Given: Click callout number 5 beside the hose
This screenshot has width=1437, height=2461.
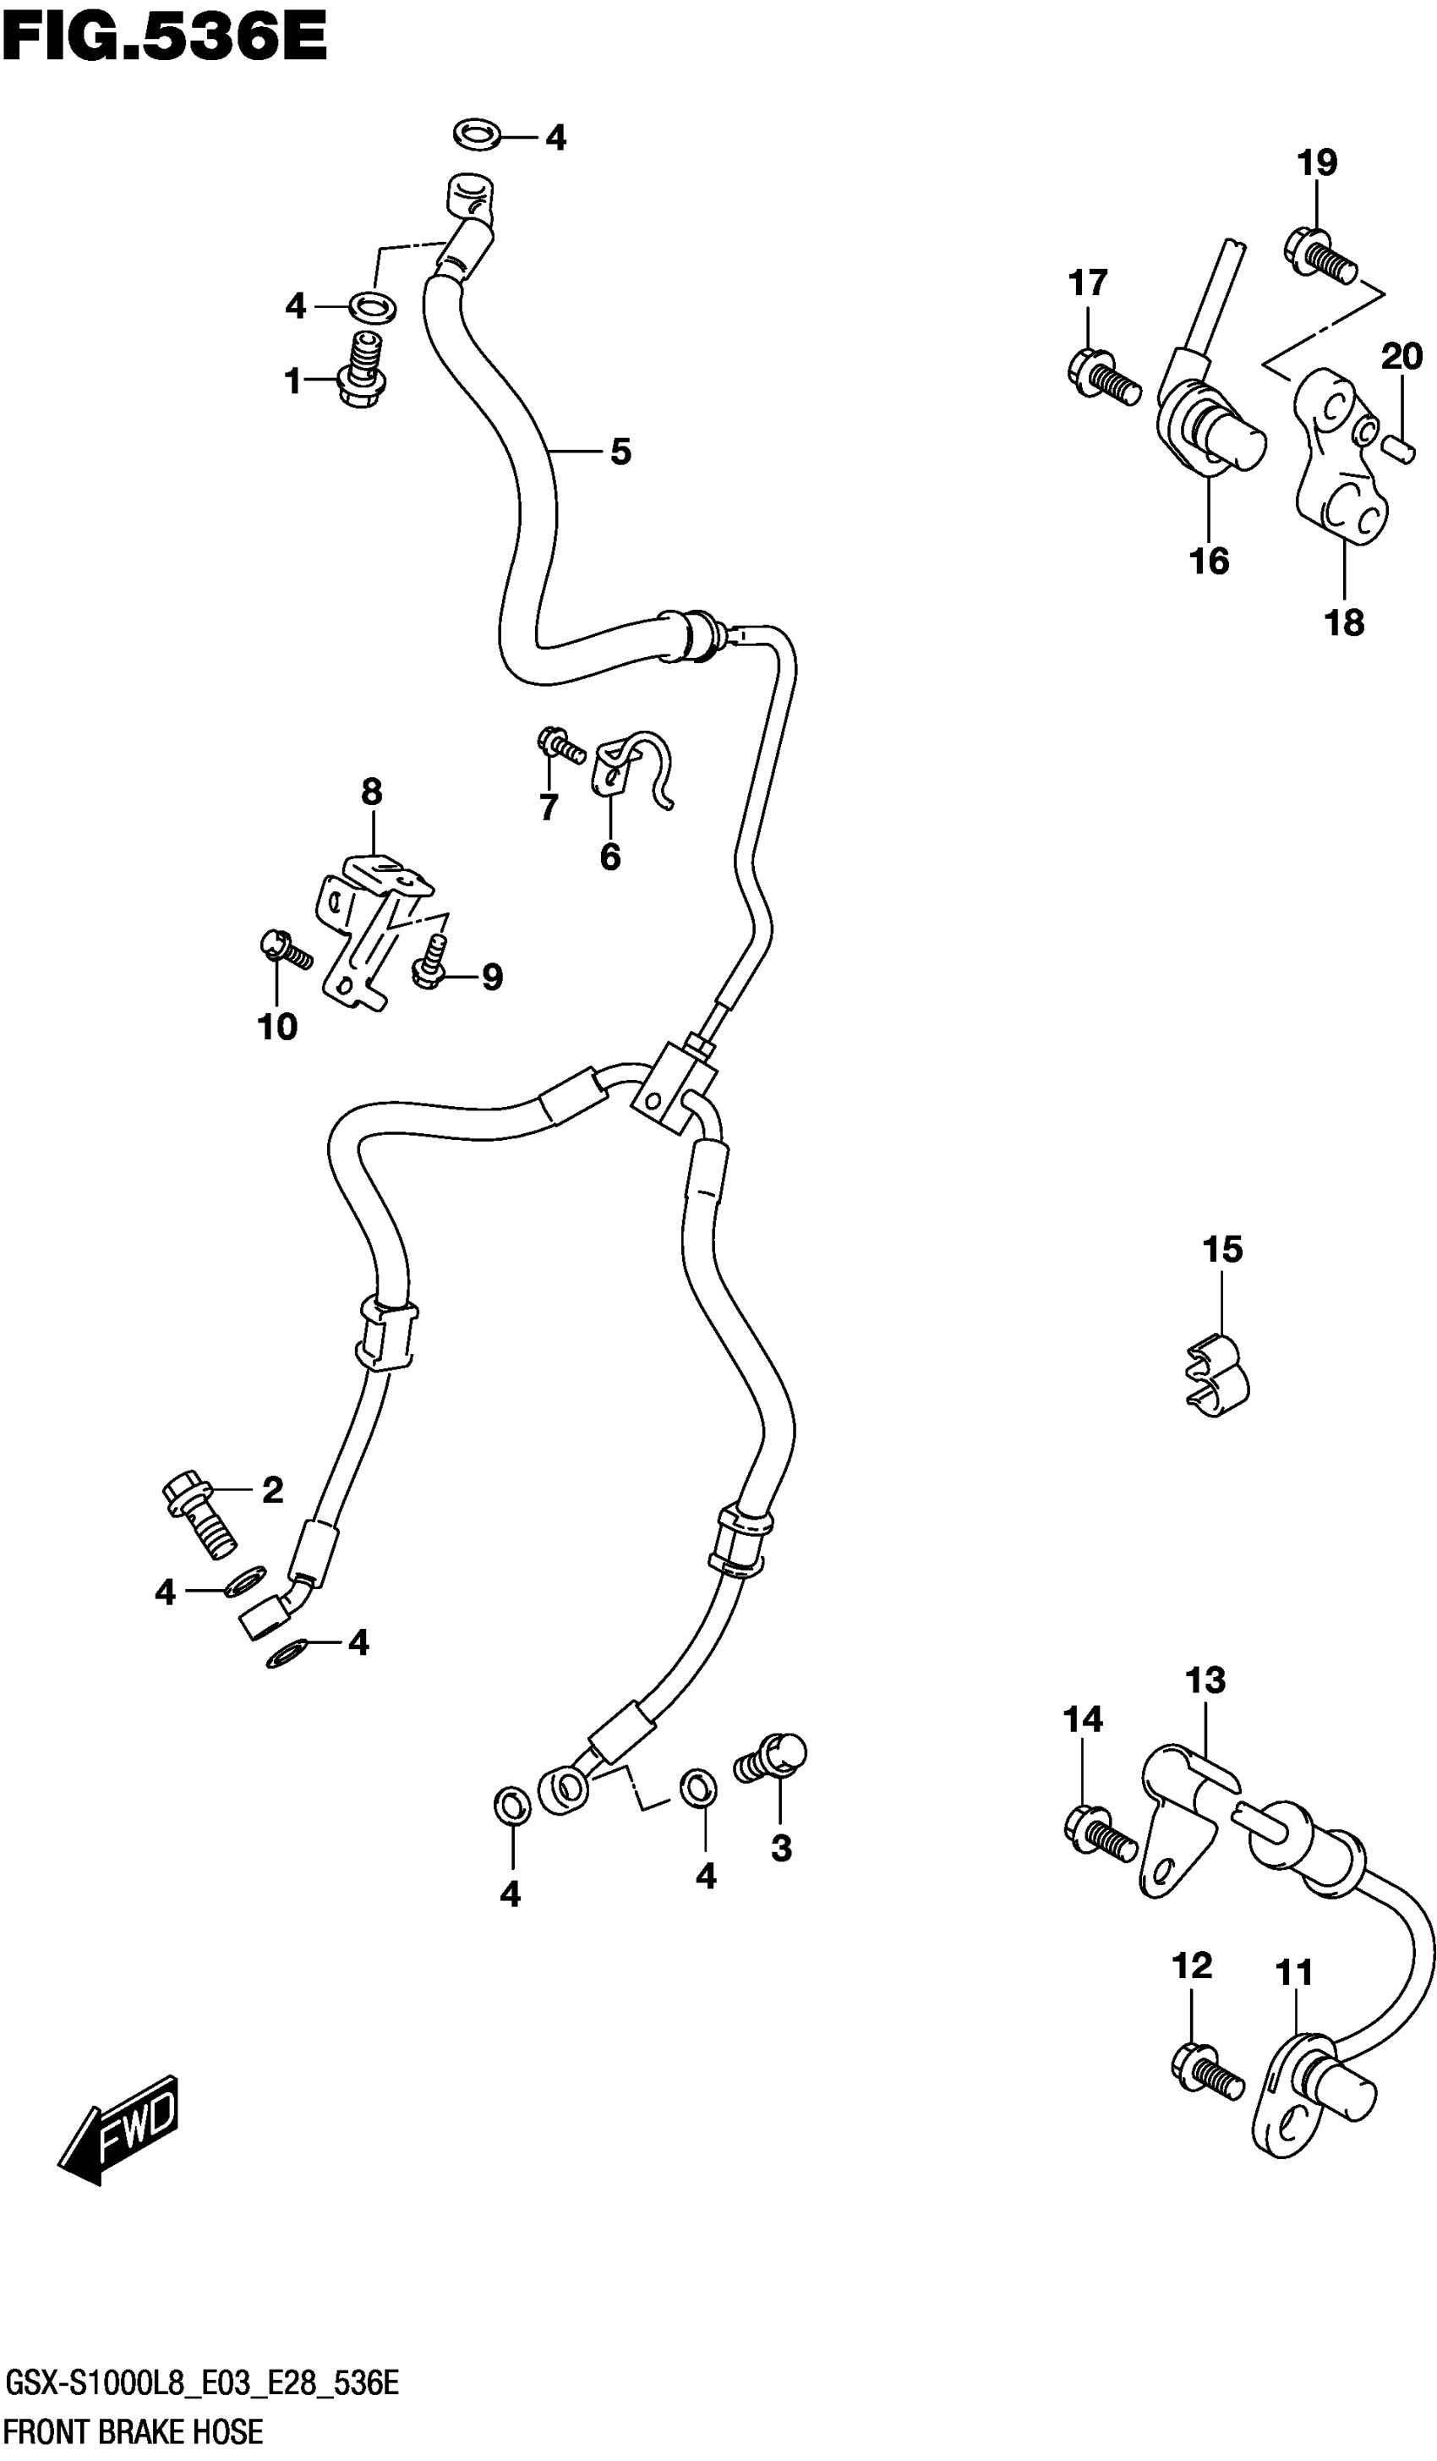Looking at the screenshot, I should tap(621, 452).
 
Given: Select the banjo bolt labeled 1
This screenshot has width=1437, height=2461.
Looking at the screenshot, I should tap(362, 371).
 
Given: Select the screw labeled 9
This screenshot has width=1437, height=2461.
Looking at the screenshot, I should tap(429, 961).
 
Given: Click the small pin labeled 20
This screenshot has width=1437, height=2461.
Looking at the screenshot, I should tap(1399, 449).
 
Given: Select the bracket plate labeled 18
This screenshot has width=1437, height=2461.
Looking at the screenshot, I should tap(1340, 458).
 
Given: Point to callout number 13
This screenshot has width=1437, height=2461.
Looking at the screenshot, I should tap(1205, 1680).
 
